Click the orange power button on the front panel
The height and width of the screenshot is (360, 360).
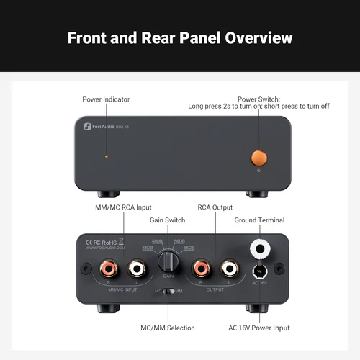[x=258, y=158]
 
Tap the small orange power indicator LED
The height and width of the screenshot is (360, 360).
[x=107, y=156]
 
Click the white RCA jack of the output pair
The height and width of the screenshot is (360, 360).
[x=229, y=269]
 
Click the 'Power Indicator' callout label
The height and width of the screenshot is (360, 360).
[x=106, y=99]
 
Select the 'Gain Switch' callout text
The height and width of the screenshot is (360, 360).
[x=167, y=220]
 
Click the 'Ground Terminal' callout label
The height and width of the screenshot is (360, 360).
[x=260, y=220]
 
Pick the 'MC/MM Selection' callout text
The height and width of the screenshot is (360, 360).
[x=168, y=328]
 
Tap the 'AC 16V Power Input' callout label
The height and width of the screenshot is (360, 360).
[x=260, y=328]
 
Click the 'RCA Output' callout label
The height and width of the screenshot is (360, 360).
[x=214, y=208]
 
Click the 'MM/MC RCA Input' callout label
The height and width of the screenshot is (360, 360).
[x=125, y=208]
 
